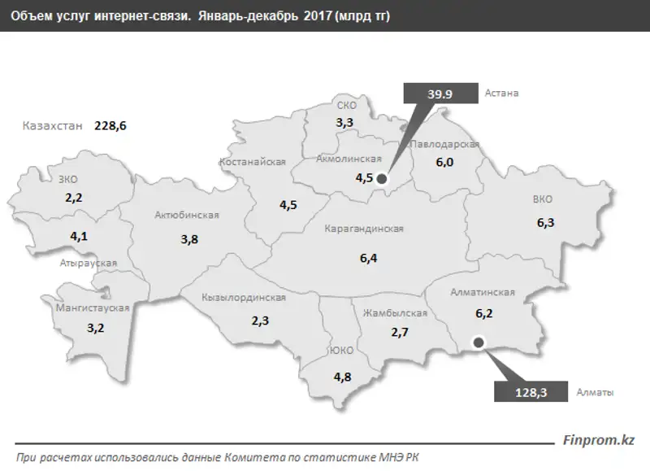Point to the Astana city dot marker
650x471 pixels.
pyautogui.click(x=382, y=179)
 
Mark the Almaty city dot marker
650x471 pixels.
pyautogui.click(x=479, y=342)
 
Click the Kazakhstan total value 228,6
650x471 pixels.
pyautogui.click(x=111, y=125)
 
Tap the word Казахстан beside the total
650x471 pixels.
pyautogui.click(x=55, y=126)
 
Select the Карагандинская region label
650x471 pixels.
pyautogui.click(x=364, y=229)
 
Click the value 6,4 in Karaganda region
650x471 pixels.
pyautogui.click(x=369, y=258)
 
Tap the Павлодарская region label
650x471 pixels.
pyautogui.click(x=444, y=145)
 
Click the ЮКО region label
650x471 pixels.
pyautogui.click(x=341, y=351)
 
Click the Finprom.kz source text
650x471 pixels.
pyautogui.click(x=600, y=440)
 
